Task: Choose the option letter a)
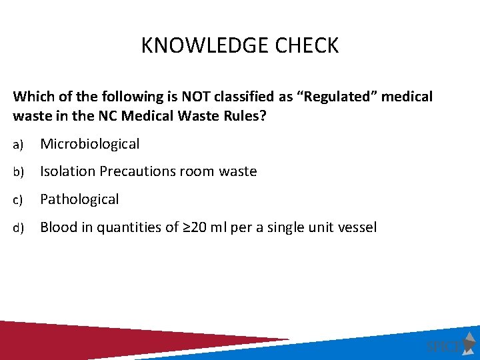pyautogui.click(x=18, y=144)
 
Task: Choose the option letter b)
pyautogui.click(x=18, y=172)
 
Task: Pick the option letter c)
pyautogui.click(x=18, y=200)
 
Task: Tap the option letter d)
pyautogui.click(x=18, y=228)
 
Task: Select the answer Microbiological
pyautogui.click(x=90, y=144)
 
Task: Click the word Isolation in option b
pyautogui.click(x=67, y=172)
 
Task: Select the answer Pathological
pyautogui.click(x=79, y=199)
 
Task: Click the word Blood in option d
pyautogui.click(x=58, y=227)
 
